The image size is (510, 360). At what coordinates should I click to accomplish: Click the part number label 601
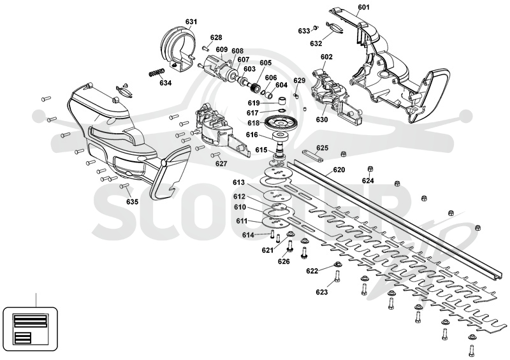click(x=363, y=7)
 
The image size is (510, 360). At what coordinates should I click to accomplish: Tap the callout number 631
click(x=191, y=22)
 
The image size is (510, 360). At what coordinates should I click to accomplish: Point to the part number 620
click(x=339, y=169)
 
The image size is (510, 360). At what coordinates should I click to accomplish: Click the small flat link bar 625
click(x=312, y=155)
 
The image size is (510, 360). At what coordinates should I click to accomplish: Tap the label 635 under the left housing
click(x=133, y=201)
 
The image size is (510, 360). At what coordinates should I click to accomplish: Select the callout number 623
click(x=322, y=292)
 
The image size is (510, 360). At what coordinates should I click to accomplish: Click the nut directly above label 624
click(x=370, y=169)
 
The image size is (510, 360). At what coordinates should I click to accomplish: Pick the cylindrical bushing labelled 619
click(x=282, y=99)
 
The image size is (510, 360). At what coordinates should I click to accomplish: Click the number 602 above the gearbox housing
click(x=326, y=57)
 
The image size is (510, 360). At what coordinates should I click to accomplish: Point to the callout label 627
click(x=221, y=164)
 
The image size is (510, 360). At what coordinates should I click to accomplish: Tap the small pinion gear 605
click(x=256, y=87)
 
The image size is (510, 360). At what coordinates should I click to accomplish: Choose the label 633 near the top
click(x=304, y=31)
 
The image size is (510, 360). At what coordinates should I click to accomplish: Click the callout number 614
click(x=248, y=235)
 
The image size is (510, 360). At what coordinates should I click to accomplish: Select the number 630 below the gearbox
click(x=322, y=120)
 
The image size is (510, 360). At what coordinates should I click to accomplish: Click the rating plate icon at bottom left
click(x=30, y=329)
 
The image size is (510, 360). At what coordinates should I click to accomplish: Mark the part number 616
click(x=252, y=134)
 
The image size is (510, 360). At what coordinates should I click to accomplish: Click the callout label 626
click(x=284, y=261)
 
